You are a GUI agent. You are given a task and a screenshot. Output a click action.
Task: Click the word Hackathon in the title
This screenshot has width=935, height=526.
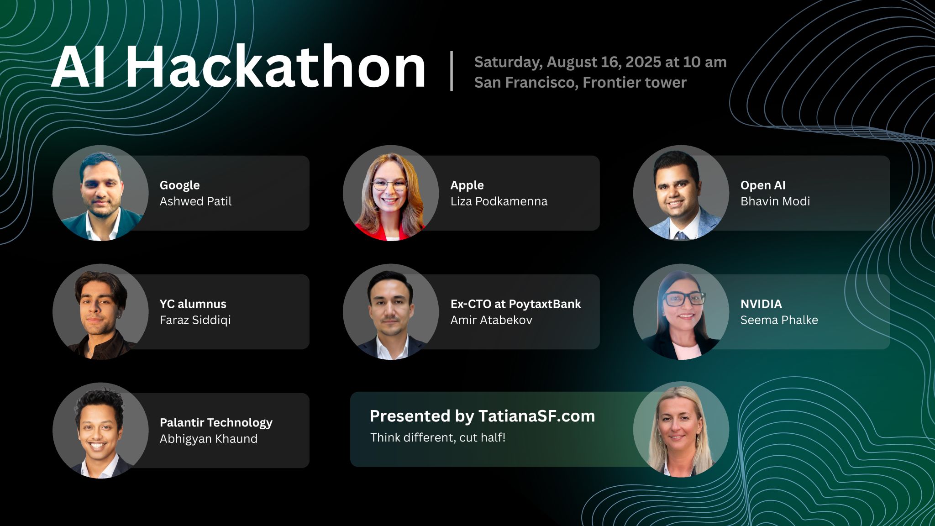(275, 67)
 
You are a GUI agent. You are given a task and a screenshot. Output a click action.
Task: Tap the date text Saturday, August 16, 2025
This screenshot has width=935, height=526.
(569, 63)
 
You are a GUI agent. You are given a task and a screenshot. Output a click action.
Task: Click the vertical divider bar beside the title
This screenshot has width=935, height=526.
(452, 71)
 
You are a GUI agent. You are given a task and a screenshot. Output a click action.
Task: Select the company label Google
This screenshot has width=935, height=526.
(179, 185)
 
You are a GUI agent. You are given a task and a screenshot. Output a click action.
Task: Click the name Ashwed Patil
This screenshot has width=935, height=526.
(195, 201)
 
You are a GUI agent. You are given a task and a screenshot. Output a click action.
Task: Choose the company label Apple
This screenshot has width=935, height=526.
(467, 185)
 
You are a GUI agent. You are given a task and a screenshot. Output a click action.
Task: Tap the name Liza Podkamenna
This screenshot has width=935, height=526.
(499, 201)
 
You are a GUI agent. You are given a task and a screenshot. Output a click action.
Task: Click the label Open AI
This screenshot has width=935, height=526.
(763, 185)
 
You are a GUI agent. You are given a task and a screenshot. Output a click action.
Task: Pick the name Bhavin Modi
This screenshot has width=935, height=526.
(775, 201)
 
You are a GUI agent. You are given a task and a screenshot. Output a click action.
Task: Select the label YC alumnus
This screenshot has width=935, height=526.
(193, 304)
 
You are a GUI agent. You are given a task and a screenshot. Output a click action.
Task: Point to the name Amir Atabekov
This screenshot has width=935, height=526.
(491, 320)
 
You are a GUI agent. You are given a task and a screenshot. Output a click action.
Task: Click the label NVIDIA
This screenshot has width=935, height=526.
(761, 304)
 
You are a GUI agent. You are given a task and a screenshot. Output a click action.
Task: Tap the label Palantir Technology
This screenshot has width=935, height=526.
(216, 423)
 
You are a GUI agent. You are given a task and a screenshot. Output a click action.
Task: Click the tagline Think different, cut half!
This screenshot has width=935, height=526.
(438, 437)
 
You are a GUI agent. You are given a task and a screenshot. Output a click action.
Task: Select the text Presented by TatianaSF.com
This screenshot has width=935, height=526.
(482, 416)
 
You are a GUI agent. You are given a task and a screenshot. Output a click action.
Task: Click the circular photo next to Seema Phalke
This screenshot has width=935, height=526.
(681, 312)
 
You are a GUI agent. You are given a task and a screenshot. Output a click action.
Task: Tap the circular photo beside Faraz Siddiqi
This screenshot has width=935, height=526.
(100, 312)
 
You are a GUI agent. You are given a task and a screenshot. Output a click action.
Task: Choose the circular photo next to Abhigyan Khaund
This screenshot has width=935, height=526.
(100, 431)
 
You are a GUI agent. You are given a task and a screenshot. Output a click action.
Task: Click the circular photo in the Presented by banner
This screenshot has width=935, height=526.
(681, 429)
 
